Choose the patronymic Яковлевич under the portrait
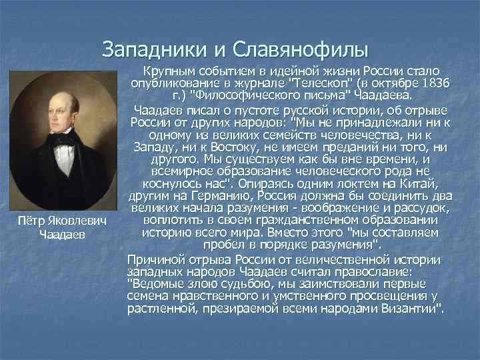[83, 221]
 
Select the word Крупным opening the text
[171, 71]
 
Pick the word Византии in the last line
[413, 309]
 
